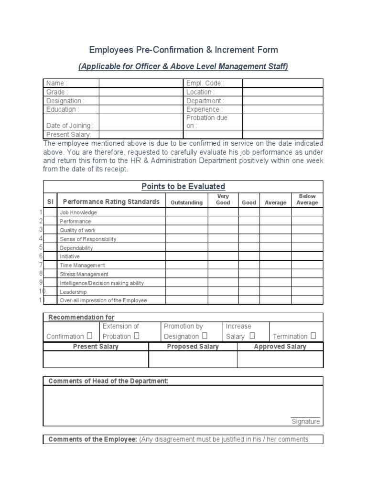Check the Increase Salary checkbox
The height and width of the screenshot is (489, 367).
click(252, 336)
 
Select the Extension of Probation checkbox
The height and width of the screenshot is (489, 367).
click(136, 336)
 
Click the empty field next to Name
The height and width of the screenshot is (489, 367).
click(141, 83)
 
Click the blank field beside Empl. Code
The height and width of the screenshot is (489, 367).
click(283, 83)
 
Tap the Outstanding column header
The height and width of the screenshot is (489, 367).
click(186, 202)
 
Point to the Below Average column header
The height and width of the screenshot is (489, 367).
click(307, 200)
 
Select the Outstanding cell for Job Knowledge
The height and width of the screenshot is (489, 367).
click(186, 213)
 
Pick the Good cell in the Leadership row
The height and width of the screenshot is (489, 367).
click(249, 291)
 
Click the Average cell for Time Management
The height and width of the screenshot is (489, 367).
click(276, 265)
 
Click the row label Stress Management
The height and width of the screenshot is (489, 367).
click(84, 274)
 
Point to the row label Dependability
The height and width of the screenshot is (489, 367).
click(76, 248)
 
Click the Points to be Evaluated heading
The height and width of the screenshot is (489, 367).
click(183, 186)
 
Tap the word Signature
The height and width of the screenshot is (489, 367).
click(305, 422)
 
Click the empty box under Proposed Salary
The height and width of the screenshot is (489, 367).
click(193, 359)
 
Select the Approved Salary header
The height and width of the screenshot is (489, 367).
click(280, 347)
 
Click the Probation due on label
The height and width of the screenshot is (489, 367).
click(207, 122)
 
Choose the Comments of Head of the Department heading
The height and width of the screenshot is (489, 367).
click(108, 381)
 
